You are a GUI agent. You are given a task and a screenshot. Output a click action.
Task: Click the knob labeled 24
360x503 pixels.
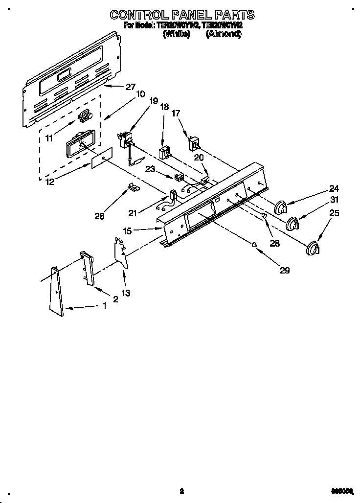pos(281,207)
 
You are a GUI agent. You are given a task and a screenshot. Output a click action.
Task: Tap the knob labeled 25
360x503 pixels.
pos(312,249)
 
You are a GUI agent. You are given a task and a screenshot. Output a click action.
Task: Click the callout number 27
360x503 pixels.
pos(130,87)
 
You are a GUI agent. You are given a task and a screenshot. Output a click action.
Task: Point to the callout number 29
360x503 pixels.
pos(284,270)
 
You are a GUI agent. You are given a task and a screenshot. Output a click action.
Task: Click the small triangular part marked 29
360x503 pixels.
pos(254,245)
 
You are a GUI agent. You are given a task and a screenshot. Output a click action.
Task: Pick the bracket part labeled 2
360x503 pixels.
pos(87,268)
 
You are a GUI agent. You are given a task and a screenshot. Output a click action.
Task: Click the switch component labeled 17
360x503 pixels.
pos(194,143)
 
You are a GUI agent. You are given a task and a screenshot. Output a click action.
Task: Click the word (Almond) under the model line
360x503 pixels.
pos(223,34)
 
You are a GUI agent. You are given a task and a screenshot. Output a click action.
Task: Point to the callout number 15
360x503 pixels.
pos(127,231)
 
